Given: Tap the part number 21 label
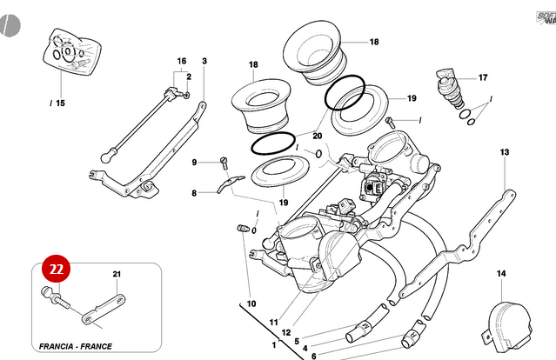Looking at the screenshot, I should (117, 275).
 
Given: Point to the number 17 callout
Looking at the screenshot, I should (483, 77).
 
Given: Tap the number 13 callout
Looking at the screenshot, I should (505, 153).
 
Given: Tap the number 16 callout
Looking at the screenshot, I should (182, 62).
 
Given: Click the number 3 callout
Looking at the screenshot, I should (204, 61).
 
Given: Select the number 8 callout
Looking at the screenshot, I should (195, 193).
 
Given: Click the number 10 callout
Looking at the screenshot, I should (251, 303).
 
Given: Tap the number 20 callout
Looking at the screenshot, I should (317, 136).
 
